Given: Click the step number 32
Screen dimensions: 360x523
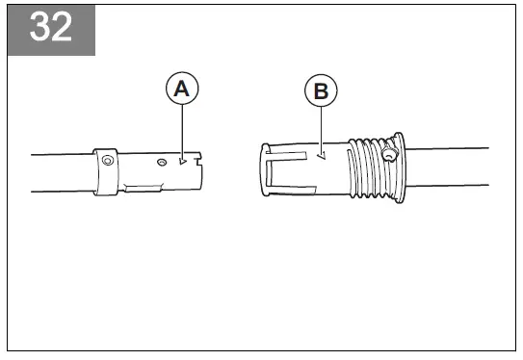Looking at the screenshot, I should (x=50, y=28).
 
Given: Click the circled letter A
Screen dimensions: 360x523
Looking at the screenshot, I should (x=182, y=90).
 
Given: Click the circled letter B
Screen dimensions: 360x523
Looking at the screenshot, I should (x=322, y=92).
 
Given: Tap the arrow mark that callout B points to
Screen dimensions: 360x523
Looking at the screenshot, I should (x=323, y=153).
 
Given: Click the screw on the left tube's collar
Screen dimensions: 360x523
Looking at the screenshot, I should (x=107, y=161).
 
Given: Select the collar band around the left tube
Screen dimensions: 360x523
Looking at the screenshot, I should (x=105, y=171).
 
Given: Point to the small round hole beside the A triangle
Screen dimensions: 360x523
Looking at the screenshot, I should (x=165, y=162).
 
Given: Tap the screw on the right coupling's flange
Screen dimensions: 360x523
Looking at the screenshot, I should (x=389, y=154).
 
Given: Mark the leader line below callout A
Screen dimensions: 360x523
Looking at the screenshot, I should (x=182, y=130).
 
